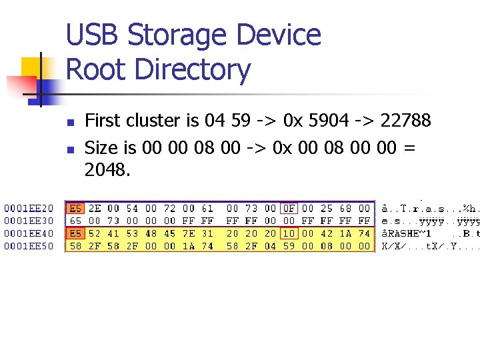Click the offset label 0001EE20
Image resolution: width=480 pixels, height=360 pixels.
click(28, 208)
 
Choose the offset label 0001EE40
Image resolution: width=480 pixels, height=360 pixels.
click(28, 233)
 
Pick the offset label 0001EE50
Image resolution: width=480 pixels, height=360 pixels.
click(28, 246)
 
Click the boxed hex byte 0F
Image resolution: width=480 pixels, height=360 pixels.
click(289, 208)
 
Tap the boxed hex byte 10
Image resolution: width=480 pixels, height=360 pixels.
click(289, 233)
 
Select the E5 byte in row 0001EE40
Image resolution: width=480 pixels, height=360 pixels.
click(76, 233)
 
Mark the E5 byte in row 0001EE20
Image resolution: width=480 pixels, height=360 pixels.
click(76, 208)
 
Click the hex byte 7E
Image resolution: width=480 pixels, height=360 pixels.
click(189, 233)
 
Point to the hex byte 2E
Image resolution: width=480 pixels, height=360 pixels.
click(95, 208)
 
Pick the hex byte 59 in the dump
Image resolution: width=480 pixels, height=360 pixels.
click(289, 246)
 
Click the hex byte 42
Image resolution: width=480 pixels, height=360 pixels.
click(326, 233)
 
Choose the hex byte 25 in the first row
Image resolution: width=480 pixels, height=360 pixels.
click(326, 208)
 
